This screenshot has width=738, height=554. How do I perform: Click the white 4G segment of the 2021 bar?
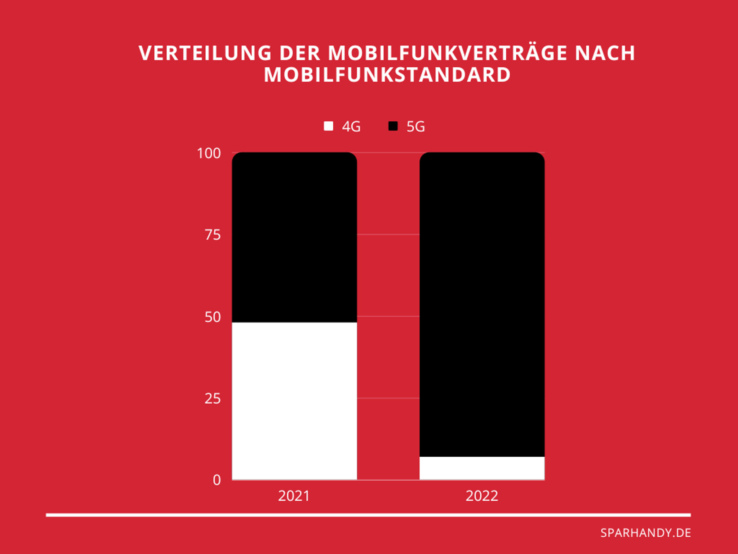(294, 400)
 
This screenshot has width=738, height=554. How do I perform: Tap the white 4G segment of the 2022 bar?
(482, 468)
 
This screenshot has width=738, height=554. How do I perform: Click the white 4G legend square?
(328, 126)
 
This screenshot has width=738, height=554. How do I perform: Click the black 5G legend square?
(393, 126)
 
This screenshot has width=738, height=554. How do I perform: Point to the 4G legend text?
(351, 127)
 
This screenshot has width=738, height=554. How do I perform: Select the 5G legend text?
(415, 127)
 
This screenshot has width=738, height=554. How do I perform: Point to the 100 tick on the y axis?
(209, 153)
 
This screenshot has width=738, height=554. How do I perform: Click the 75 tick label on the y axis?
(213, 235)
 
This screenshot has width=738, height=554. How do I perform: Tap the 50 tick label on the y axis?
(213, 317)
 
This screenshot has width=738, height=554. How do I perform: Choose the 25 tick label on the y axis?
(213, 399)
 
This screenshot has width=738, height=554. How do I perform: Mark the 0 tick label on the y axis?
(217, 480)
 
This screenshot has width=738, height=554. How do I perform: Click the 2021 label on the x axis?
(294, 496)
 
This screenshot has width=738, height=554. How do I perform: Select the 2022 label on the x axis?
(482, 496)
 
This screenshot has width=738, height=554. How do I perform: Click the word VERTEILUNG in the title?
(205, 53)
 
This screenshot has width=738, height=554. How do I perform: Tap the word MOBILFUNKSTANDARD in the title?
(387, 75)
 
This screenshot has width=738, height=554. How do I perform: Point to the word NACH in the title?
(605, 53)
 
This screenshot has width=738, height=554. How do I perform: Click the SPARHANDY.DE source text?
(645, 533)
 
